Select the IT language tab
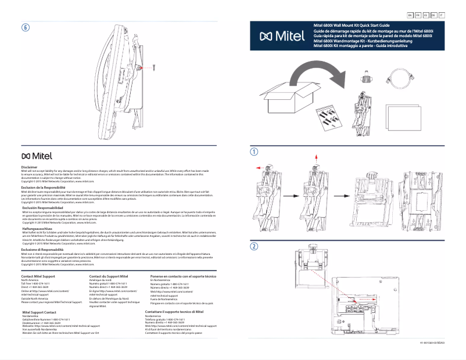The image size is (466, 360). coord(443,15)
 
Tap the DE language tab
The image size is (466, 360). coord(433,15)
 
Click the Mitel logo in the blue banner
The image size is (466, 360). coord(282,37)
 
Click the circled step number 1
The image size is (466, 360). coord(254,152)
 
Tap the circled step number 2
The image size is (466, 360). coord(254,246)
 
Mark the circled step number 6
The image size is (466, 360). coord(25,28)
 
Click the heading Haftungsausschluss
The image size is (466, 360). coord(34,229)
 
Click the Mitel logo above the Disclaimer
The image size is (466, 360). coord(37,156)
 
